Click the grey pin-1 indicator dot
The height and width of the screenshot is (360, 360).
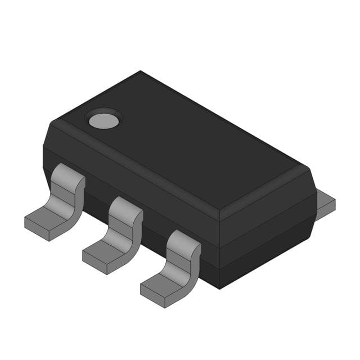pos(103,119)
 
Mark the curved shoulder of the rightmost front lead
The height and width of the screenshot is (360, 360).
pos(184,245)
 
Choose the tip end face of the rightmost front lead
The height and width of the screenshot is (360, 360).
pos(152,298)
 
